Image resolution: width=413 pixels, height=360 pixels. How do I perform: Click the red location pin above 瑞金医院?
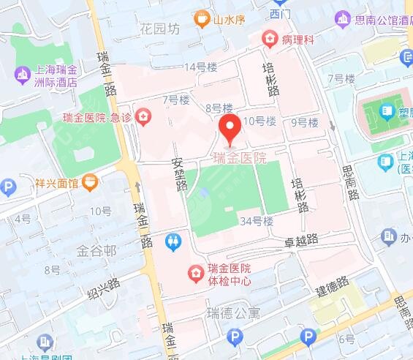pyautogui.click(x=231, y=128)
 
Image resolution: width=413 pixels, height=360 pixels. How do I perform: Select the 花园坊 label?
pyautogui.click(x=158, y=30)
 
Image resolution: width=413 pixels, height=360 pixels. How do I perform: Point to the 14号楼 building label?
pyautogui.click(x=201, y=67)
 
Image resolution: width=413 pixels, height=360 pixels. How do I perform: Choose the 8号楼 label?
pyautogui.click(x=219, y=108)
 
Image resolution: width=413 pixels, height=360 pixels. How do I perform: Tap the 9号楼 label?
pyautogui.click(x=305, y=123)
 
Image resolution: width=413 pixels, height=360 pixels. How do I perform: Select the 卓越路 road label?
pyautogui.click(x=302, y=239)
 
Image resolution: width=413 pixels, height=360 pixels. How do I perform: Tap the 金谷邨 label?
pyautogui.click(x=96, y=251)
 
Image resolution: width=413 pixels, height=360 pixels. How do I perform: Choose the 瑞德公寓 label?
pyautogui.click(x=233, y=314)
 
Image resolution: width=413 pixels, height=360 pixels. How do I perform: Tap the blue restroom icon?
pyautogui.click(x=173, y=241)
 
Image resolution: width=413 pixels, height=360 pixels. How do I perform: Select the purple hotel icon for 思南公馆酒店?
pyautogui.click(x=341, y=18)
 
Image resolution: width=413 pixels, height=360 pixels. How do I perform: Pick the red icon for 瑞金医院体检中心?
pyautogui.click(x=195, y=274)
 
